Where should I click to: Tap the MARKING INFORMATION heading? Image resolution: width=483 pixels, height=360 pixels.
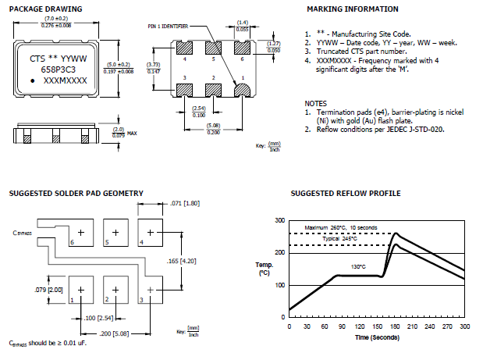point(352,9)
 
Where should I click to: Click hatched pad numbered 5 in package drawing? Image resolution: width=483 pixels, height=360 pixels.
point(213,46)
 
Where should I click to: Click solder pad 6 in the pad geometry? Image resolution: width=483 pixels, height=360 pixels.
point(82,232)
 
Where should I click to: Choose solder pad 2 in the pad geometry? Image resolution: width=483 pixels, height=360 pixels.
point(115,289)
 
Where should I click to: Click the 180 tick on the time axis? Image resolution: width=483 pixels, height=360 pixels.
point(395,326)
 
